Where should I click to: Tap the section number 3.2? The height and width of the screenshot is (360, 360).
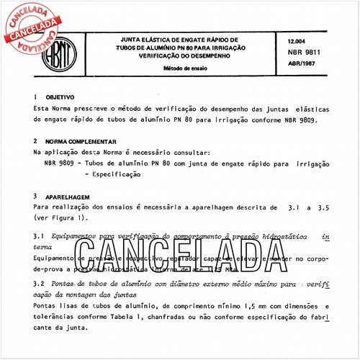(40, 284)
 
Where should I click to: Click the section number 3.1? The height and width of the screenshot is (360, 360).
(40, 235)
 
